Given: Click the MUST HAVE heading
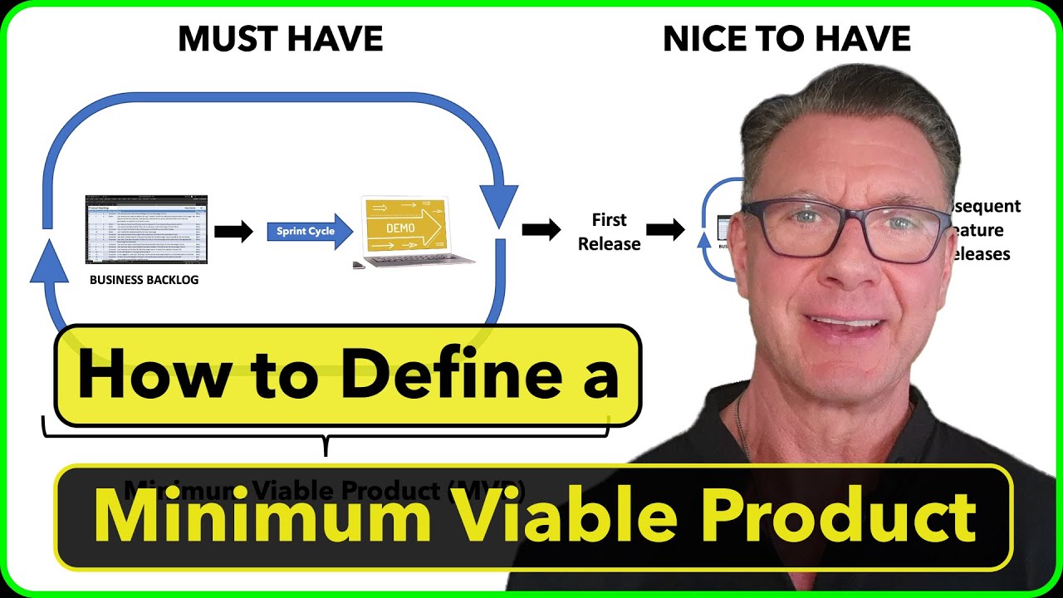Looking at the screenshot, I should tap(281, 39).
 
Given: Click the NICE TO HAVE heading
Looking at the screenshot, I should tap(786, 39).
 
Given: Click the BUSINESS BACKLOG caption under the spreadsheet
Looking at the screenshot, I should tap(145, 280).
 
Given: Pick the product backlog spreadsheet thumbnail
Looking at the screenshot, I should tap(146, 229).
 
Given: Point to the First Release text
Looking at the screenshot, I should tap(610, 232).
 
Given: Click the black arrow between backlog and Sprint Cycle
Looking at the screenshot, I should tap(233, 232).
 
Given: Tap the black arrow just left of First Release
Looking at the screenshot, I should tap(541, 230).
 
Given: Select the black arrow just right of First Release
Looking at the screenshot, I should tap(665, 230).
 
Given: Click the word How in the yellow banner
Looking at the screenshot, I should tap(138, 375).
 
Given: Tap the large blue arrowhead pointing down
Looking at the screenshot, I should tap(500, 208).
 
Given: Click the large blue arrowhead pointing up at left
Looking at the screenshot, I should tap(48, 258).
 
